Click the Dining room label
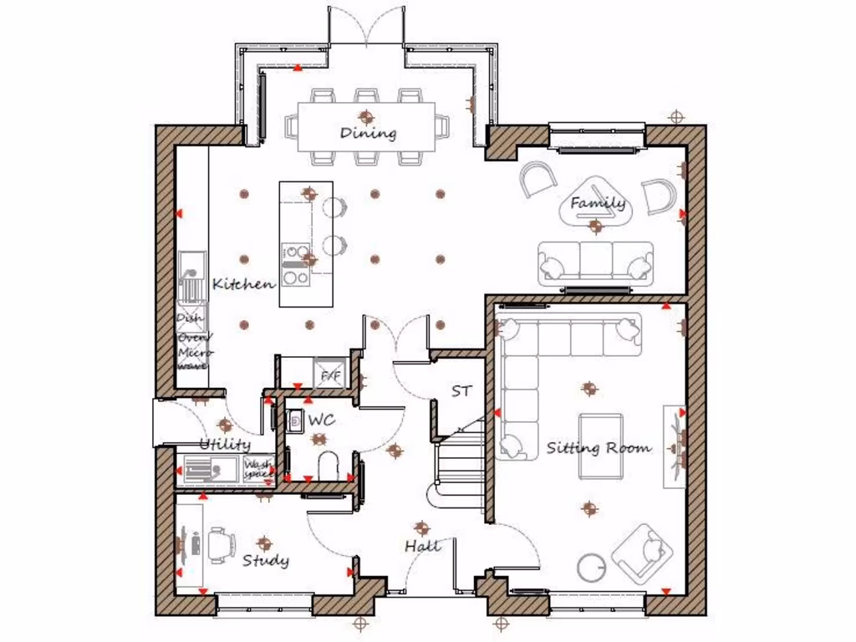(x=368, y=133)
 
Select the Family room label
(x=597, y=203)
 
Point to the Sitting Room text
(x=599, y=448)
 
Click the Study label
(x=266, y=560)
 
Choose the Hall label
(x=422, y=546)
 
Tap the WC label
(x=322, y=420)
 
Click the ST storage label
(x=461, y=390)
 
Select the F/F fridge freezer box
(x=330, y=376)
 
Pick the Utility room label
(x=224, y=444)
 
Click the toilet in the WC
(x=329, y=465)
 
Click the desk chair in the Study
(x=219, y=544)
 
